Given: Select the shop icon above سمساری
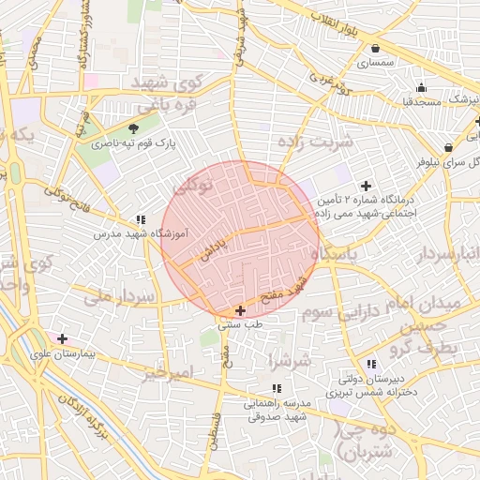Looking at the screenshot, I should [x=375, y=49].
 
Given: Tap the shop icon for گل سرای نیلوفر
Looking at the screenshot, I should [x=449, y=147].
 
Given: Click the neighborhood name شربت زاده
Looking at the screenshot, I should [x=315, y=141].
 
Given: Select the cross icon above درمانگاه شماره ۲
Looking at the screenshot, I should [x=366, y=186].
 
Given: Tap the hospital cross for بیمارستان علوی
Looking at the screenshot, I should [x=62, y=338].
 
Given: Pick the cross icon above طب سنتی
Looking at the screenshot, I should [x=240, y=310].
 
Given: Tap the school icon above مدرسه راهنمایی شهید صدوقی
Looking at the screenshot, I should [x=276, y=388].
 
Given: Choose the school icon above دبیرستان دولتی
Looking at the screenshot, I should [x=371, y=364].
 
